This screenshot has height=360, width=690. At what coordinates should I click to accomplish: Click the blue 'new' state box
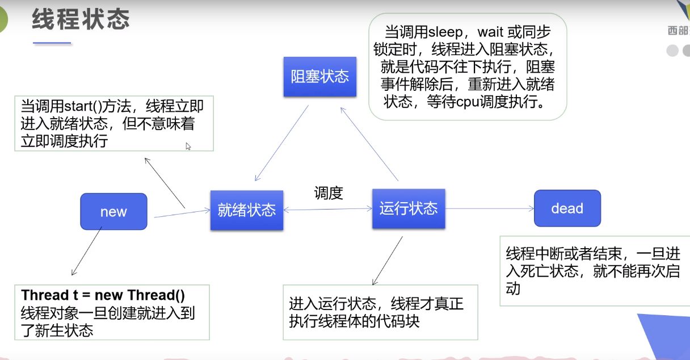coord(113,211)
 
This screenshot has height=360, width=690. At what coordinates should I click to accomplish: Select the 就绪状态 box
coord(246,210)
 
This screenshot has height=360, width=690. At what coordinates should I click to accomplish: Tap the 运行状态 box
coord(409,208)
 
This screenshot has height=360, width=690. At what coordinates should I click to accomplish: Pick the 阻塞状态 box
coord(320,77)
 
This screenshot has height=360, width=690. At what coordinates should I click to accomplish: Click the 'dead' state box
coord(567,208)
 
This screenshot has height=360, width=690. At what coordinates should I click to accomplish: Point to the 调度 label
coord(329,193)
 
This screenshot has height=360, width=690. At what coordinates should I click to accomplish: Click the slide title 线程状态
coord(81,20)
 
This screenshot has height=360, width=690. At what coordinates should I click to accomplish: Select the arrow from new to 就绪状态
coord(182,214)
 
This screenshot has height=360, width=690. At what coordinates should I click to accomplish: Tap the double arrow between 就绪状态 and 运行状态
coord(327,210)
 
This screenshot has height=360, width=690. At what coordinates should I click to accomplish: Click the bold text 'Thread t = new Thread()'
coord(103,295)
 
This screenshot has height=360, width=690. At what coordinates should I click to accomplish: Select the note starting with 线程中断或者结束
coord(592,271)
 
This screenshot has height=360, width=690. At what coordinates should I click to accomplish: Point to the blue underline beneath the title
coord(52,43)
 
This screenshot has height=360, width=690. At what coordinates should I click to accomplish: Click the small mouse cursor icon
coord(188,146)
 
